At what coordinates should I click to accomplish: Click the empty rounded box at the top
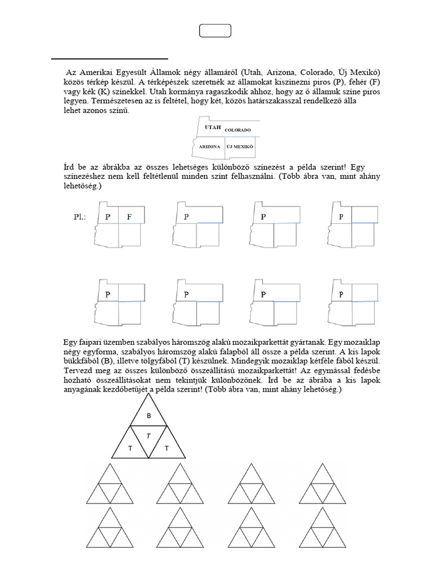click(215, 31)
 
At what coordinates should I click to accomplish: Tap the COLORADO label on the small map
click(237, 130)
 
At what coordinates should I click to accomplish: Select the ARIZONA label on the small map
click(208, 146)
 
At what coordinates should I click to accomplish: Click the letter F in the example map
click(129, 217)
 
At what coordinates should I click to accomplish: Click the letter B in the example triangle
click(149, 416)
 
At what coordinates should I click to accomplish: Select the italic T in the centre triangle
click(149, 436)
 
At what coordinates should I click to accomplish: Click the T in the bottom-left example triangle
click(130, 448)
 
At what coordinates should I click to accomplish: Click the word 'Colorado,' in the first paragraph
click(316, 73)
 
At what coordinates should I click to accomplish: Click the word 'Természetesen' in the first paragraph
click(116, 102)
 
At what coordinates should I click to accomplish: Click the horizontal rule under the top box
click(110, 58)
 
